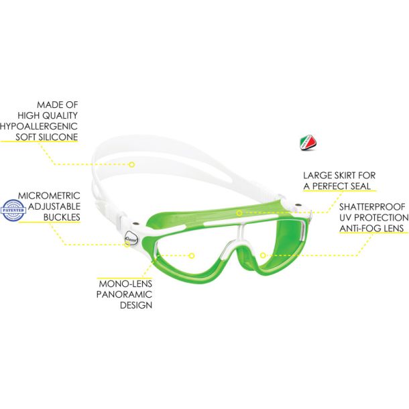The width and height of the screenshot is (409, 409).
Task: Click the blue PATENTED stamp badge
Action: tap(13, 210)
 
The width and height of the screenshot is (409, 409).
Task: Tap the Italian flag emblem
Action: tap(308, 142)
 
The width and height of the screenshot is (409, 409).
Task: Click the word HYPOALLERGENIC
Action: tap(39, 126)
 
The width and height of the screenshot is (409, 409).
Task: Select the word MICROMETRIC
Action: tap(49, 196)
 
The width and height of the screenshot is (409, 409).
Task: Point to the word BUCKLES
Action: tap(62, 217)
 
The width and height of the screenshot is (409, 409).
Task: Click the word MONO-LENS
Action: tap(125, 284)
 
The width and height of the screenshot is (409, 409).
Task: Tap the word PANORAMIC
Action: tap(124, 294)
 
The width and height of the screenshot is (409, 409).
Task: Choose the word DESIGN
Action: tap(136, 305)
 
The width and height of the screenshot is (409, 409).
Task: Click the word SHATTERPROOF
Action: tap(372, 207)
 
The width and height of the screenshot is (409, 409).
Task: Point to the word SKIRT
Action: tap(341, 175)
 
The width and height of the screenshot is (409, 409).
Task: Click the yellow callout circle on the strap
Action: tap(132, 164)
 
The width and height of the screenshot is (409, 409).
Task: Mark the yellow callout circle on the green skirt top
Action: tap(239, 213)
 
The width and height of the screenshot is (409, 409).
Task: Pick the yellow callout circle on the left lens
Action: tap(192, 255)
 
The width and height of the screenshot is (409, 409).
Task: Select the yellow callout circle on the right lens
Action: tap(263, 255)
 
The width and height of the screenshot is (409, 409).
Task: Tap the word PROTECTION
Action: tap(382, 217)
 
